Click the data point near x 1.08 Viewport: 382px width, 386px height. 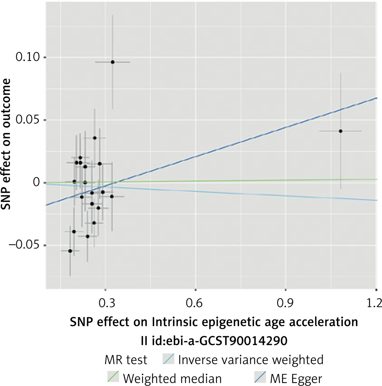341,131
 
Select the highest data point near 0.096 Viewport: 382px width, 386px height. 113,62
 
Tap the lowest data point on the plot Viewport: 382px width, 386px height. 70,251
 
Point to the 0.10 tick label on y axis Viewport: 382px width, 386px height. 28,57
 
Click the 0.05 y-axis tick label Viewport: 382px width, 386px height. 28,120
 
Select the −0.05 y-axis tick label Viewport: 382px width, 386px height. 24,245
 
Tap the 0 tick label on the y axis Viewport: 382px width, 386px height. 37,182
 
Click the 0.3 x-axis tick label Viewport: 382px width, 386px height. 107,303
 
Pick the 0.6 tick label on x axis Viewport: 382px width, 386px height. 194,303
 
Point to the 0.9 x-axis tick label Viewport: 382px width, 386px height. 285,303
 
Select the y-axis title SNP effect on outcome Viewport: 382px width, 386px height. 6,144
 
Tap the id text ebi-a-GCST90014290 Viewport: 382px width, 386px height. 227,341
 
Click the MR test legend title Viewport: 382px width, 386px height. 126,360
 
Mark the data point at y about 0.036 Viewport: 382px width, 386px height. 95,138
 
